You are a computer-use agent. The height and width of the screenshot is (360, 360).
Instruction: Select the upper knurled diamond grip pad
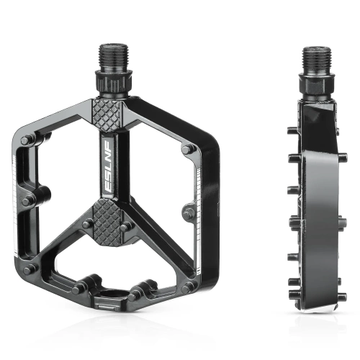coord(114,114)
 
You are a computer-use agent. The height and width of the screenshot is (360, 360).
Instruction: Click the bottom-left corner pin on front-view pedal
coord(28,269)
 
